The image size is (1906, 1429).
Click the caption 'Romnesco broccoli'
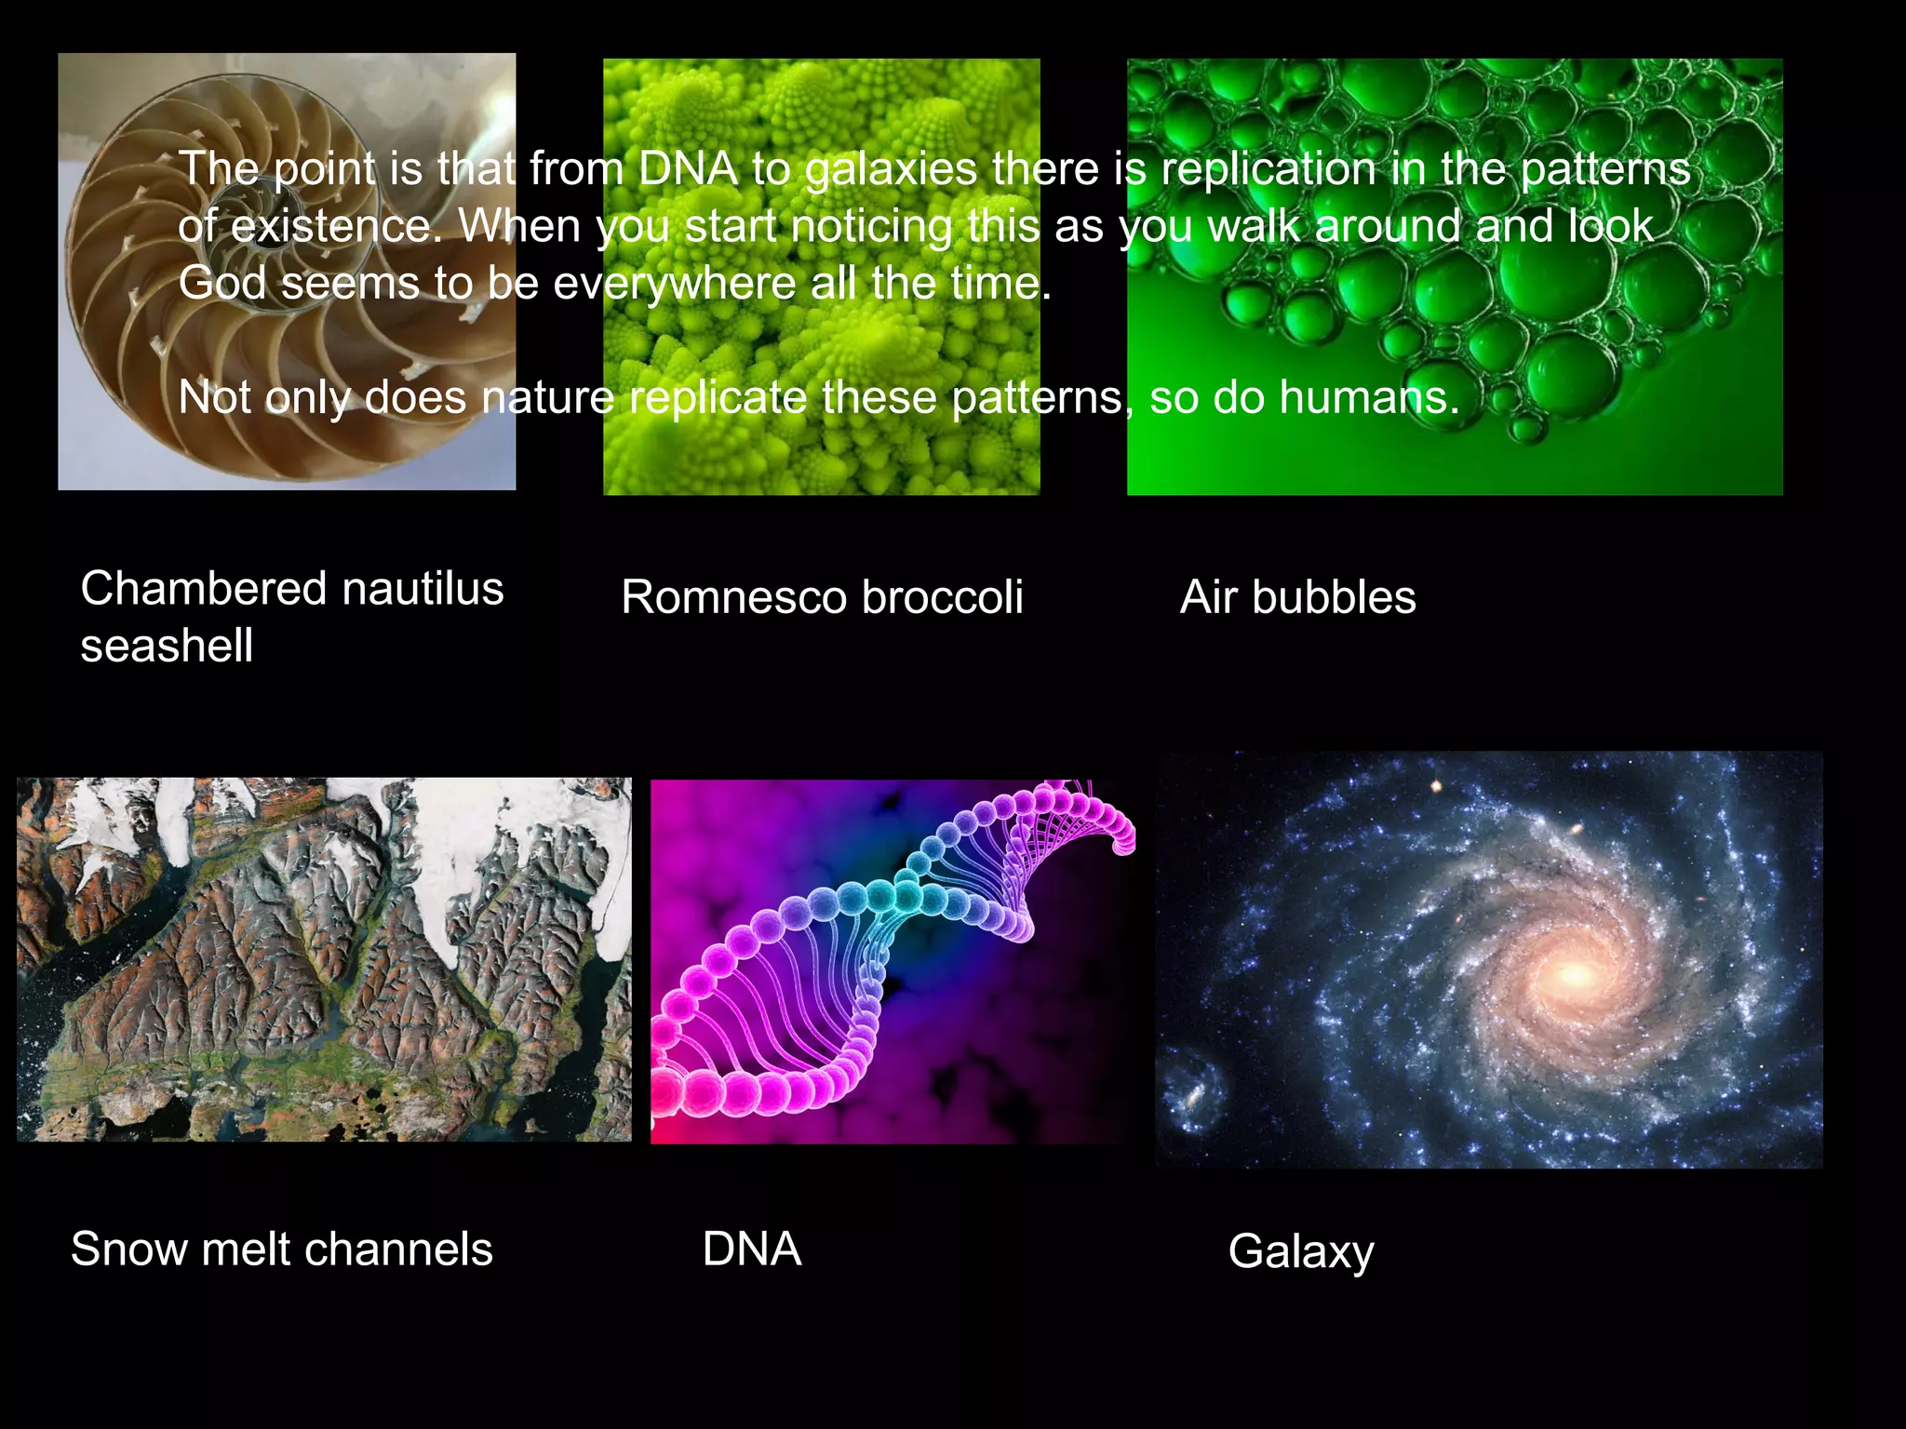click(822, 597)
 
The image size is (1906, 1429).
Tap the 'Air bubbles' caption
click(1297, 597)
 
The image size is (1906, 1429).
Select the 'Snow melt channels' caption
click(281, 1249)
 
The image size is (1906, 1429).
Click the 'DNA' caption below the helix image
click(752, 1249)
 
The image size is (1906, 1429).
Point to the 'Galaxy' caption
click(1300, 1251)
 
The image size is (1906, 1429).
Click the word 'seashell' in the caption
click(167, 646)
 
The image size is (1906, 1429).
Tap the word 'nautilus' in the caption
click(423, 589)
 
